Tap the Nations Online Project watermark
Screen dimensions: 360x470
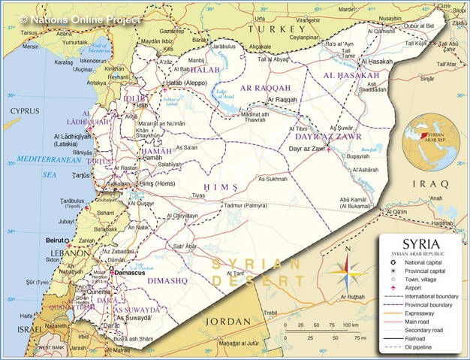pyautogui.click(x=80, y=17)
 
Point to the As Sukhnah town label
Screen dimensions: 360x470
pyautogui.click(x=273, y=179)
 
